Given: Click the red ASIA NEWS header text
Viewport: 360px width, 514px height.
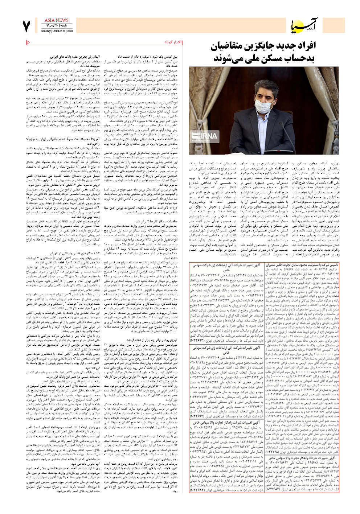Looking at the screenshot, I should [x=57, y=20].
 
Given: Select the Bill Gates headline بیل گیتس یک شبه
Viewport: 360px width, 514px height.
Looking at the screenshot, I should [x=155, y=57].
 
